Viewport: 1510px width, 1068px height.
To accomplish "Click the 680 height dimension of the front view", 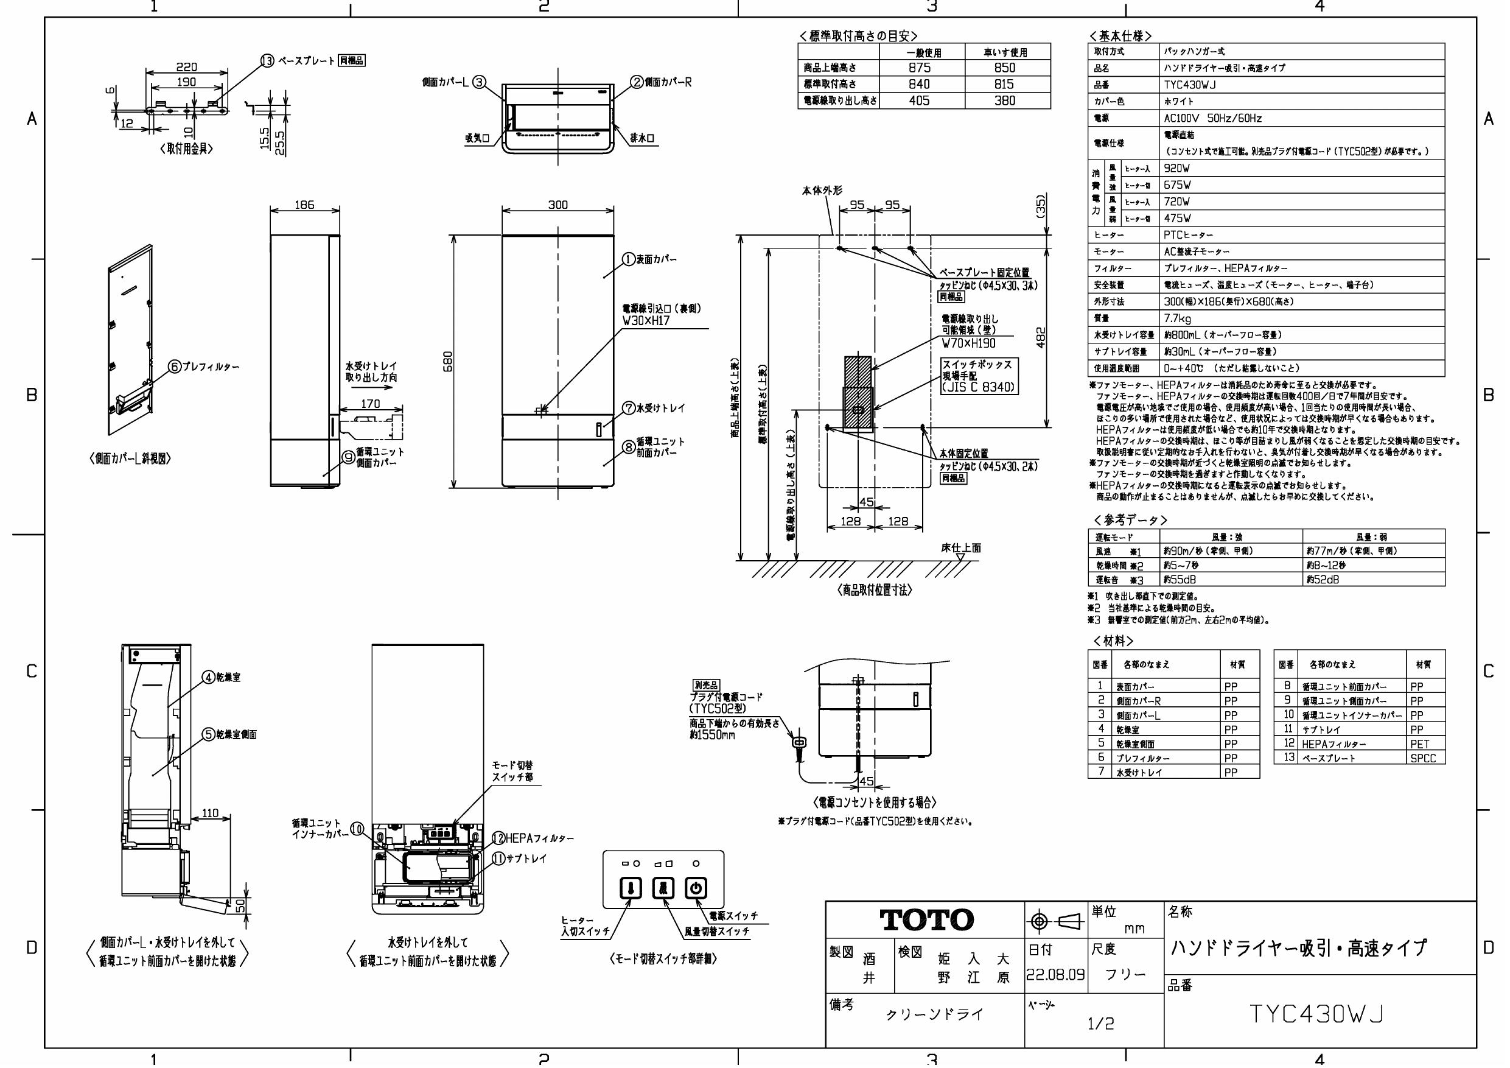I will tap(448, 361).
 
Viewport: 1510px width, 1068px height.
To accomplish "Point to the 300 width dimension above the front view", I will tap(558, 205).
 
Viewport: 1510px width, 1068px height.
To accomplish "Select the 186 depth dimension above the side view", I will tap(304, 205).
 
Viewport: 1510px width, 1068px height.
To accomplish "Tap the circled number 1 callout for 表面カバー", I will tap(629, 259).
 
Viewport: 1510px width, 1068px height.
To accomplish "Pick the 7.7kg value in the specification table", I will tap(1178, 318).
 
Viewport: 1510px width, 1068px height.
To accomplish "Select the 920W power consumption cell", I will tap(1177, 169).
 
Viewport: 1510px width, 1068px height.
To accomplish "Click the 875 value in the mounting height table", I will tap(920, 68).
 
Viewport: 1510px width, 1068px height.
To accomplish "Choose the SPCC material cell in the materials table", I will tap(1423, 758).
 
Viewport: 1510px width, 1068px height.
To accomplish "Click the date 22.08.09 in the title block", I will tap(1055, 975).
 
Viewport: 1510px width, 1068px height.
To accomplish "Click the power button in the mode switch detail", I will tap(696, 888).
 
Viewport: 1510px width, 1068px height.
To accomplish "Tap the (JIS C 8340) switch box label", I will tap(979, 388).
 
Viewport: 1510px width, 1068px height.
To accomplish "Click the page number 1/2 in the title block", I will tap(1101, 1024).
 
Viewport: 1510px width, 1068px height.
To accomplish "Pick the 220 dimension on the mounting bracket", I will tap(187, 67).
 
